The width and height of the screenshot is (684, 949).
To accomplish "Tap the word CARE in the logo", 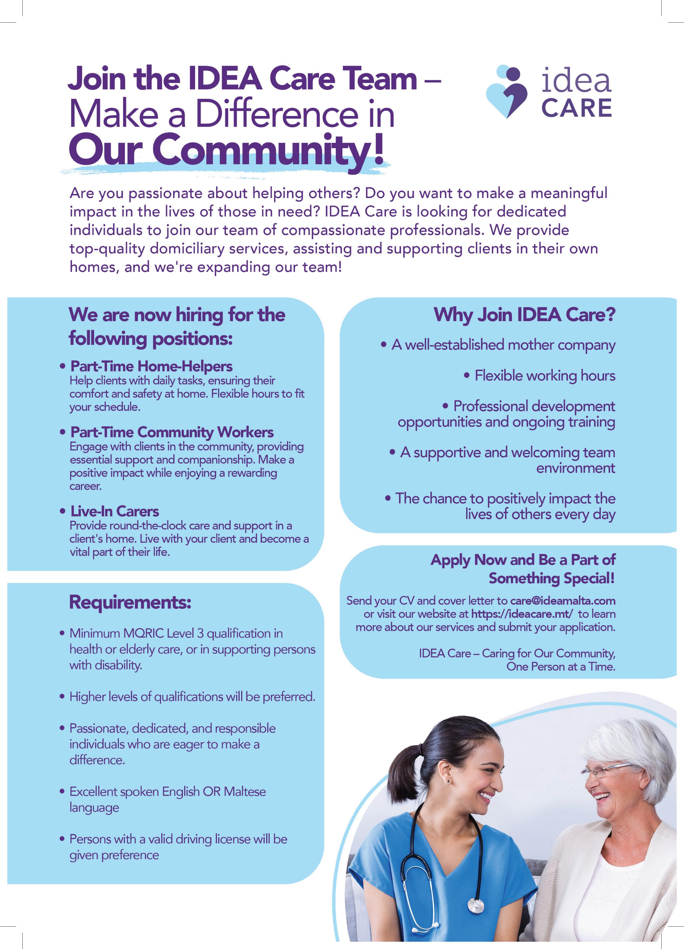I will pos(577,108).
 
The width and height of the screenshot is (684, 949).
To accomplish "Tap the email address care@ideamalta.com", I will pos(563,601).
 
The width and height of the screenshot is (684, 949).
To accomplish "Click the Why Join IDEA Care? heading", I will pos(524,315).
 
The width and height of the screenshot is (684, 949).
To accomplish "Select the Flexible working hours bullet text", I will pos(545,376).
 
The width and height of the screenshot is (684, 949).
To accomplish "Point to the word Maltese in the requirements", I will pos(245,792).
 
